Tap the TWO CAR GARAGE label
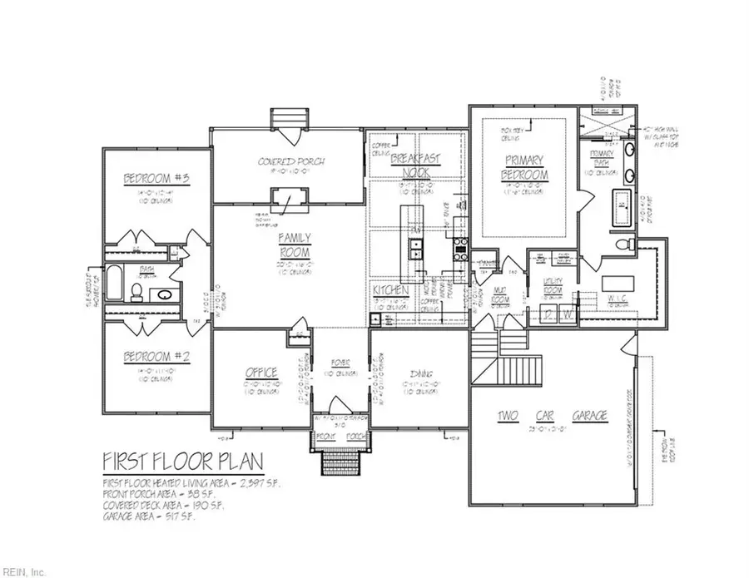point(541,415)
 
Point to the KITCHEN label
point(389,290)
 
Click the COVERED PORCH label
point(290,161)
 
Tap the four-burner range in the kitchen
point(459,245)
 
